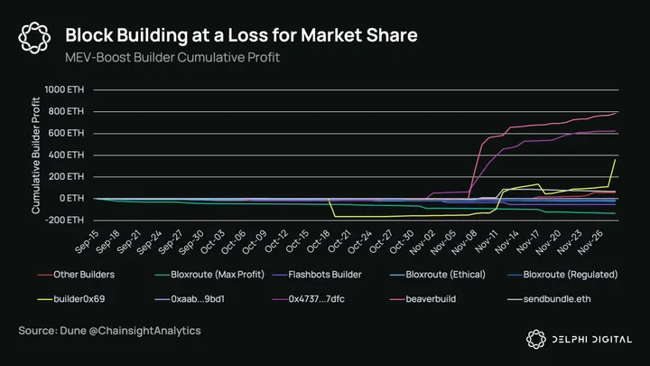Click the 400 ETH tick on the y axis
click(x=66, y=155)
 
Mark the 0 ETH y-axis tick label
click(x=70, y=198)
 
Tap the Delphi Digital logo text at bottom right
click(x=590, y=338)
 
